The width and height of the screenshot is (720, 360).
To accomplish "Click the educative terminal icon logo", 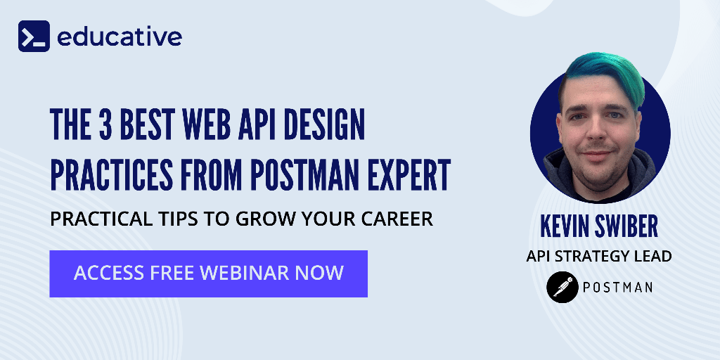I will point(34,36).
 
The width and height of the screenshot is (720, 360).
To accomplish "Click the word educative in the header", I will point(119,36).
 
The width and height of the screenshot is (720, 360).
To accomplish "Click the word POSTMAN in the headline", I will point(307,176).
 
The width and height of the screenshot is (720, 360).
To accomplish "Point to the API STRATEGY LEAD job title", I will point(599,256).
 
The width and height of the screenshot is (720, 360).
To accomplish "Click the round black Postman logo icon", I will point(562,287).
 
